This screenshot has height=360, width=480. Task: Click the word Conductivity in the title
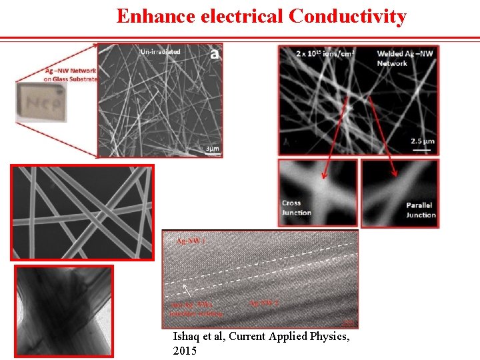pos(347,15)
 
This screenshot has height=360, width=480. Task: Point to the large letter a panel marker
pos(214,54)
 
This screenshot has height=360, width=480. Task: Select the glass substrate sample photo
pos(41,101)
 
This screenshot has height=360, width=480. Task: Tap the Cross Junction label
pos(296,207)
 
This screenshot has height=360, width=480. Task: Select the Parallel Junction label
pos(421,210)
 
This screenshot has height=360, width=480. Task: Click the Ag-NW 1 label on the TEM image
pos(191,241)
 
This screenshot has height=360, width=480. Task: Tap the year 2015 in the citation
pos(185,351)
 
